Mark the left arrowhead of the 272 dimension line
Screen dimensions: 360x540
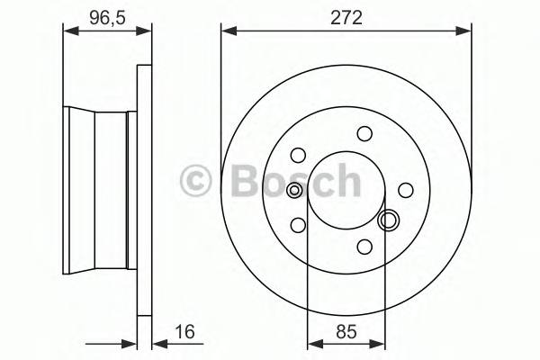pyautogui.click(x=226, y=31)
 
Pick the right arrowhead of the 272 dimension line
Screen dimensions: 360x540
pyautogui.click(x=466, y=31)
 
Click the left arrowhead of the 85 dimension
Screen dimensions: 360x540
pyautogui.click(x=312, y=341)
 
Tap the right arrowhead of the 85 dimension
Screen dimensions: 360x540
pyautogui.click(x=381, y=341)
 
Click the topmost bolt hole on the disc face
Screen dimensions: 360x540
pyautogui.click(x=364, y=134)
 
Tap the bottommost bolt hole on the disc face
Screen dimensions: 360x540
pyautogui.click(x=364, y=246)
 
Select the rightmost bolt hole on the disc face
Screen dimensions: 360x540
pyautogui.click(x=406, y=189)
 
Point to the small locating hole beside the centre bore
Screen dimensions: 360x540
pyautogui.click(x=295, y=190)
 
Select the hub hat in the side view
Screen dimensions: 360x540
pyautogui.click(x=99, y=189)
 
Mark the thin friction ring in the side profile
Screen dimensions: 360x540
pyautogui.click(x=143, y=189)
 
